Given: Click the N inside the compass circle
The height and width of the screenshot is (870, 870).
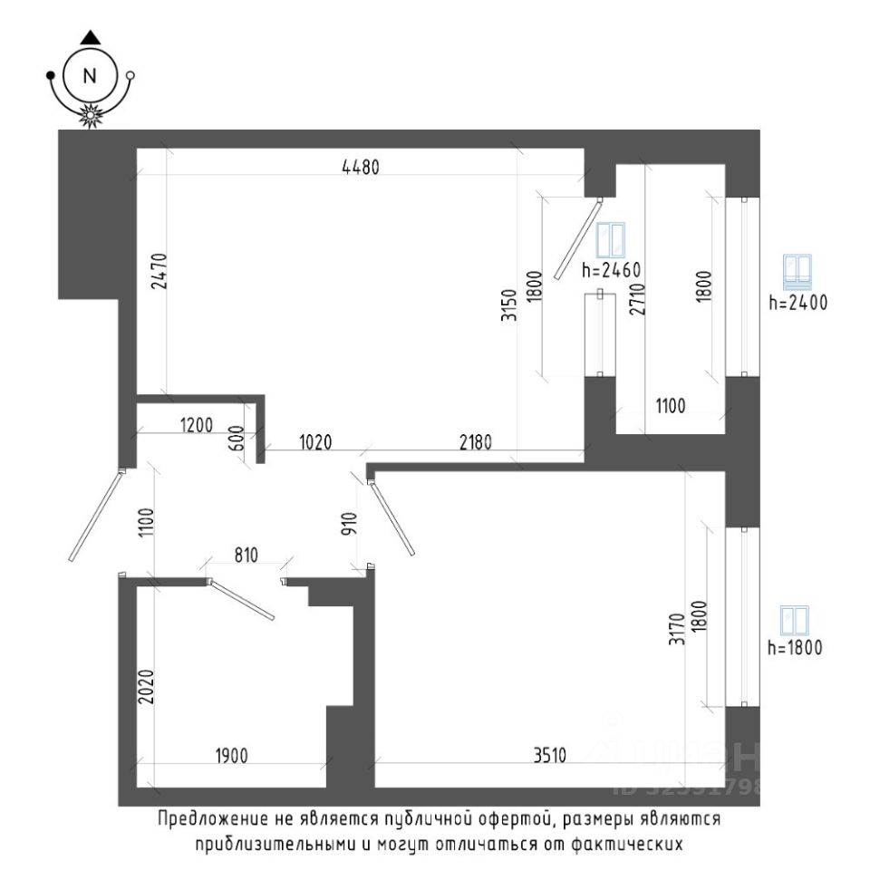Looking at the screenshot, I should click(89, 76).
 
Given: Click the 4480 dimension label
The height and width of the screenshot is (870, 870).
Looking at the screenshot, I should click(359, 167).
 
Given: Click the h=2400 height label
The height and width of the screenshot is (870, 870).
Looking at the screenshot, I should click(797, 304).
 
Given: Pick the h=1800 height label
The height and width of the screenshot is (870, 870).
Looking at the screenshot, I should click(795, 648).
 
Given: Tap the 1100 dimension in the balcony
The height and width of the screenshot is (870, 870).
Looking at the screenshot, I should click(670, 407).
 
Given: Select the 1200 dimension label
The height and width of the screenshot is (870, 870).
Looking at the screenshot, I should click(195, 424).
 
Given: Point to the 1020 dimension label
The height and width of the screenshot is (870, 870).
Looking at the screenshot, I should click(316, 442).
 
